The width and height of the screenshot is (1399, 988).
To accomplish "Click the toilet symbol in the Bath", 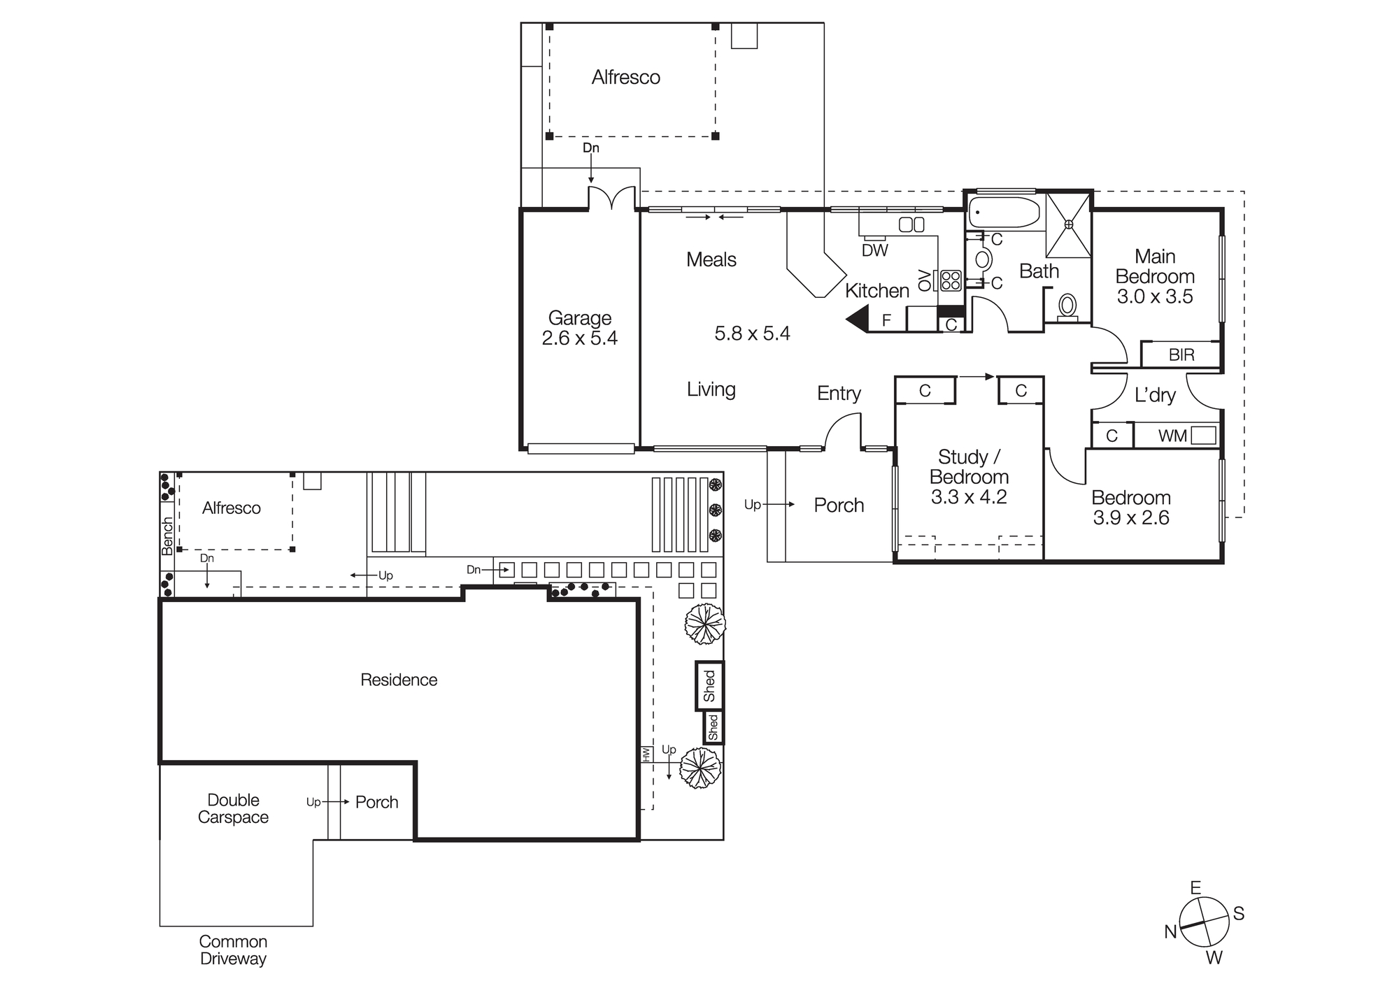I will (x=1067, y=306).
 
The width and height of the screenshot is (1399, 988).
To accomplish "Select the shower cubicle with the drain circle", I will (x=1068, y=225).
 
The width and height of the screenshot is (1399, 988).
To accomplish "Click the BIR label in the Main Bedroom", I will (x=1181, y=355).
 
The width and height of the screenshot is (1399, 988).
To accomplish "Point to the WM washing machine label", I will (x=1172, y=436).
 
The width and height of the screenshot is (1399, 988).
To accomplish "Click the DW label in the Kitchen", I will (x=874, y=250).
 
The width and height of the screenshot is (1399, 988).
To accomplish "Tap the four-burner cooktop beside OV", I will (x=951, y=280).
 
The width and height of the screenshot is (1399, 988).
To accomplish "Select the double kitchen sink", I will (x=911, y=224).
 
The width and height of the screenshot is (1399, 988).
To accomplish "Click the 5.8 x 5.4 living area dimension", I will (x=752, y=334).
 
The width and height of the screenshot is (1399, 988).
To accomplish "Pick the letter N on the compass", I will (x=1170, y=931).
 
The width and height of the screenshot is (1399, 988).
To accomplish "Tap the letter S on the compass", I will (x=1238, y=913).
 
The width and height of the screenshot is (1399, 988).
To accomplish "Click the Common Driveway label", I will (x=233, y=950).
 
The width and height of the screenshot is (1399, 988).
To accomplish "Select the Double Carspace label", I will (x=233, y=808).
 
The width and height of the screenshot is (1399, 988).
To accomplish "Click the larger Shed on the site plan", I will (x=709, y=686).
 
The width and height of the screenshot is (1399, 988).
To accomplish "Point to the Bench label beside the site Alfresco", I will (x=167, y=536).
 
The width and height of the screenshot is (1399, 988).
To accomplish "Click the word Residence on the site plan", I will (x=399, y=680).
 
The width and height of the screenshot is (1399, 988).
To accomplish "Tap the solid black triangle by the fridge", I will (x=858, y=320).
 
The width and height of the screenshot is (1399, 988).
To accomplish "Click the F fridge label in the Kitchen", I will (x=886, y=320).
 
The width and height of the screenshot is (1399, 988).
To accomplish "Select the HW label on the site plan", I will (x=646, y=754).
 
